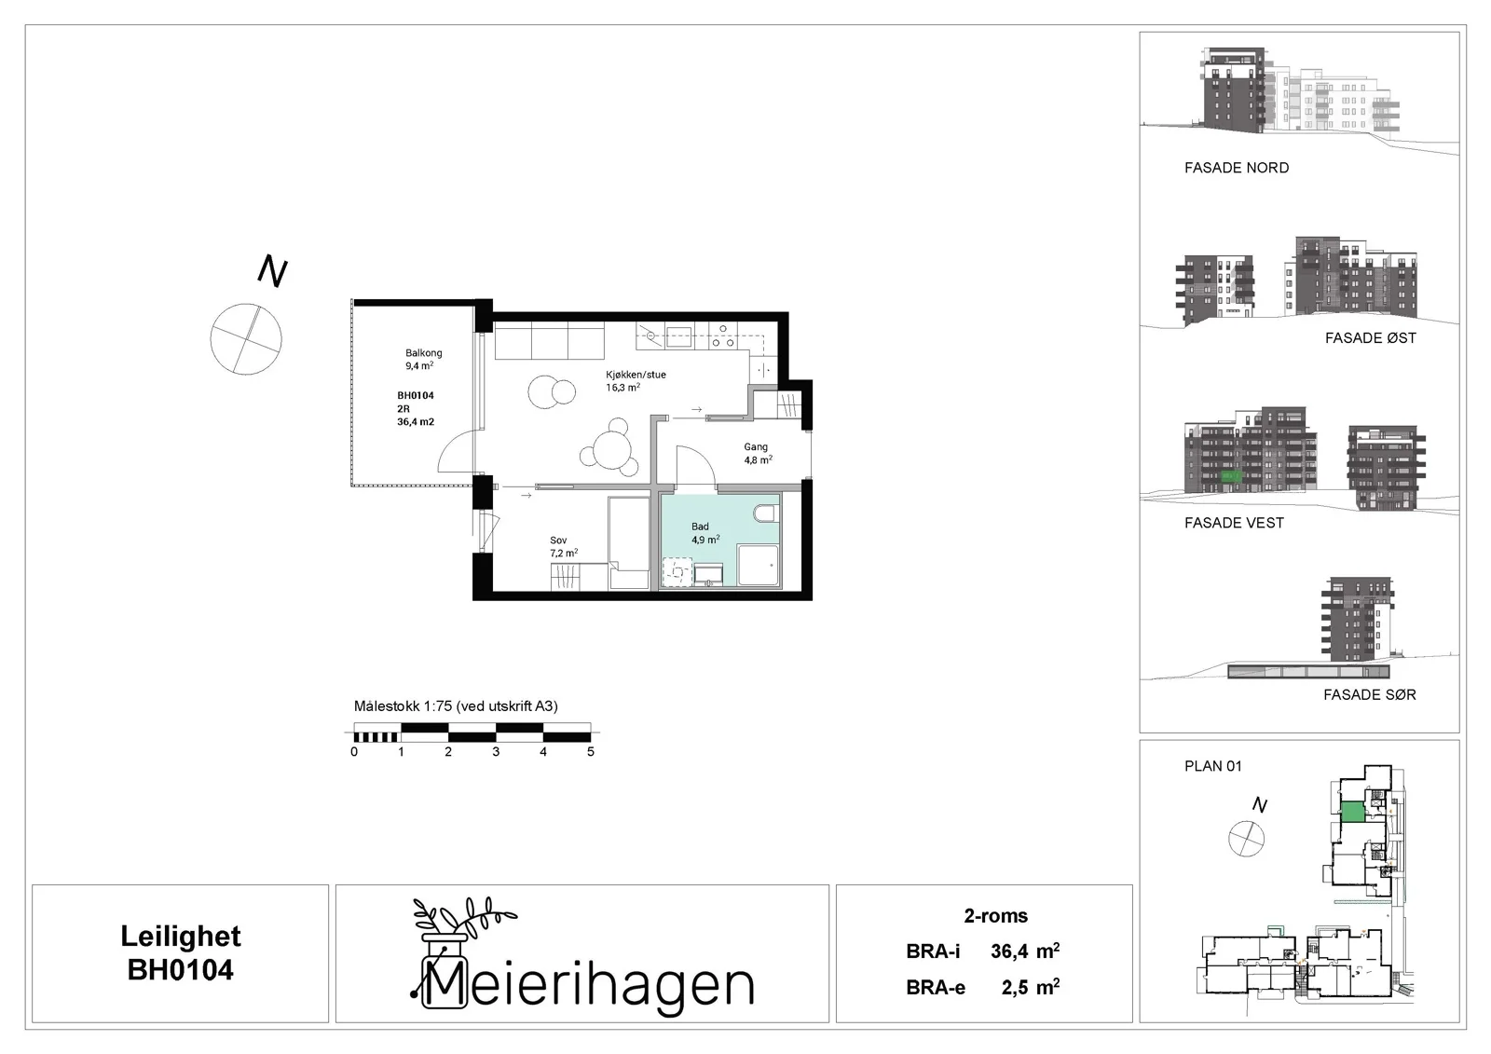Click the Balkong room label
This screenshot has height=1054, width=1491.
[423, 359]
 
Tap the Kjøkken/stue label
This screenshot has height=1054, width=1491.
[636, 381]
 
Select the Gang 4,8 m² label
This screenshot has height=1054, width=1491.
[759, 454]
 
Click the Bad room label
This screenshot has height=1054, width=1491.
[705, 533]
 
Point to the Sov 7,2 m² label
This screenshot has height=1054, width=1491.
[564, 547]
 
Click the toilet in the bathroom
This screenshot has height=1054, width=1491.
[765, 513]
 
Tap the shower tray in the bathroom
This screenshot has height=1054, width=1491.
[758, 566]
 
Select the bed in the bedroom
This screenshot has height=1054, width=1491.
[628, 542]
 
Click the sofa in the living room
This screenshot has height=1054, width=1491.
[549, 341]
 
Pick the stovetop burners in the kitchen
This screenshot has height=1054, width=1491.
[721, 336]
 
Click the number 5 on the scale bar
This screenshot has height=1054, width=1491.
[591, 752]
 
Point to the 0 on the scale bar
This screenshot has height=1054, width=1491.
[354, 752]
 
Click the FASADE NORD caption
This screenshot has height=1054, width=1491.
[1237, 168]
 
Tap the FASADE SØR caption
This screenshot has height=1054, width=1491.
[1370, 694]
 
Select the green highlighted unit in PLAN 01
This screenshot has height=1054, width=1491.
[1352, 813]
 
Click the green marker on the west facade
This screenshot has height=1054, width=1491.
[1231, 476]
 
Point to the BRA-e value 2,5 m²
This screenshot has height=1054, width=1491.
[1031, 987]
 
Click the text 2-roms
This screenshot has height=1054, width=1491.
[996, 915]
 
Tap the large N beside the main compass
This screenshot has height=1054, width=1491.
[272, 271]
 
